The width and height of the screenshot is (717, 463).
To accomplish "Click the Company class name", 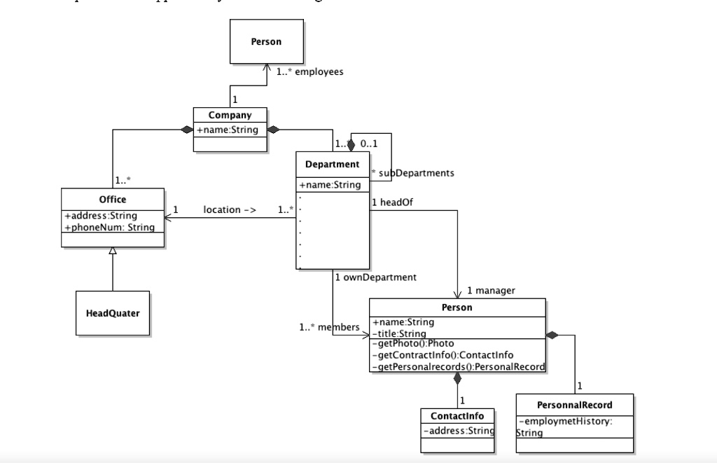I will pyautogui.click(x=230, y=115).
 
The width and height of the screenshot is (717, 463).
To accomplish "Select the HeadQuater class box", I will pyautogui.click(x=112, y=313).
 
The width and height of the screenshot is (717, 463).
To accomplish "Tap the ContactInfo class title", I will pyautogui.click(x=457, y=416).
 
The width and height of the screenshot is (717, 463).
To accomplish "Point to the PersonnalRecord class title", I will pyautogui.click(x=574, y=405).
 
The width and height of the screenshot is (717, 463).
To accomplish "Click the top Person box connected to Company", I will pyautogui.click(x=266, y=42).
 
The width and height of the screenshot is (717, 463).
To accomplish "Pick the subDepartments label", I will pyautogui.click(x=412, y=172).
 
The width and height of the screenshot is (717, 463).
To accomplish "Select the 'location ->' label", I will pyautogui.click(x=230, y=209).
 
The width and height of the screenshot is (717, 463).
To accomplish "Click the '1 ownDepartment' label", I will pyautogui.click(x=375, y=277).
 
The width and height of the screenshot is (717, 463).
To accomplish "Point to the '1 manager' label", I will pyautogui.click(x=491, y=290).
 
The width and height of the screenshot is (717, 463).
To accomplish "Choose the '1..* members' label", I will pyautogui.click(x=328, y=327).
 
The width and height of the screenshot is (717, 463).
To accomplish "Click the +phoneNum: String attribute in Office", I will pyautogui.click(x=109, y=227).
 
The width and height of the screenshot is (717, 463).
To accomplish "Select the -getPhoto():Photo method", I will pyautogui.click(x=413, y=343).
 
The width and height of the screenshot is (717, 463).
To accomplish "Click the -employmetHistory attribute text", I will pyautogui.click(x=565, y=421).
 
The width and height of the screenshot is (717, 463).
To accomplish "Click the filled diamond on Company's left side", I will pyautogui.click(x=186, y=130).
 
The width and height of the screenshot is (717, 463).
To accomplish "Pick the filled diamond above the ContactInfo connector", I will pyautogui.click(x=457, y=378).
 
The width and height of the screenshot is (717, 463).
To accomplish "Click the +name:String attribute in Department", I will pyautogui.click(x=330, y=185).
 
